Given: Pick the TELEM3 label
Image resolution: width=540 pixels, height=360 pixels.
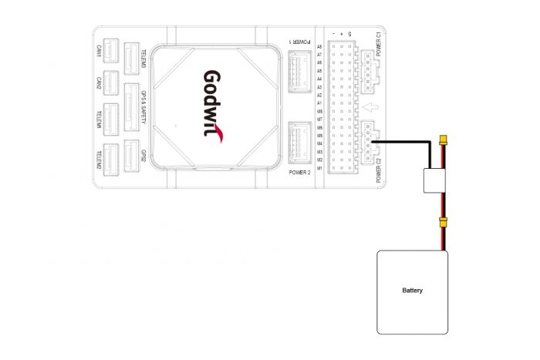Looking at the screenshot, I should [x=143, y=57].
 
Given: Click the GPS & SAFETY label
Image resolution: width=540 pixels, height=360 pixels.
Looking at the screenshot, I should [x=143, y=107].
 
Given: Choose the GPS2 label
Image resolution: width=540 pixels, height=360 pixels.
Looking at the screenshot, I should [x=143, y=155].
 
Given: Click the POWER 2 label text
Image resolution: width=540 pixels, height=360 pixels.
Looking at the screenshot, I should [x=299, y=173].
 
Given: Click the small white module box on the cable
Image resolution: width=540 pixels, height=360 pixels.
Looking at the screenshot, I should [x=437, y=181].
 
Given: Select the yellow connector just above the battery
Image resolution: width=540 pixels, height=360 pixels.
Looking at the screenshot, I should [x=443, y=223].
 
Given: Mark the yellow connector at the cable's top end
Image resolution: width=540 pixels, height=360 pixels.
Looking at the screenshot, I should [x=443, y=140].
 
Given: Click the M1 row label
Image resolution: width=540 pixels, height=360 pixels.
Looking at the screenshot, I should [x=319, y=168].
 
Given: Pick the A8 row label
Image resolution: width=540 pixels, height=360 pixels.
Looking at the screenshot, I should [x=319, y=46].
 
